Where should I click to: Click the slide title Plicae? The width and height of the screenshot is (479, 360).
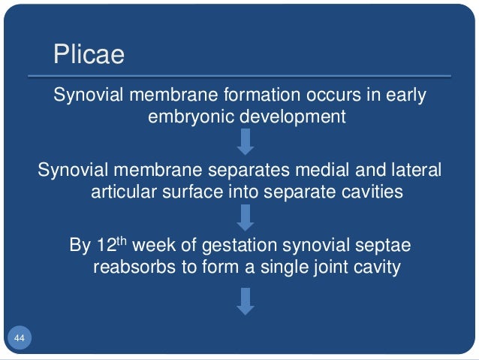pyautogui.click(x=89, y=56)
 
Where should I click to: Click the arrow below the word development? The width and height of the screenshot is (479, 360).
pyautogui.click(x=246, y=141)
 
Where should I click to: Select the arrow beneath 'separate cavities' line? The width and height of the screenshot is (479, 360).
pyautogui.click(x=246, y=217)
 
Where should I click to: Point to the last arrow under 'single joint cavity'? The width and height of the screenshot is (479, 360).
pyautogui.click(x=246, y=301)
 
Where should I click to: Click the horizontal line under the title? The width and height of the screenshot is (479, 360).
pyautogui.click(x=239, y=76)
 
